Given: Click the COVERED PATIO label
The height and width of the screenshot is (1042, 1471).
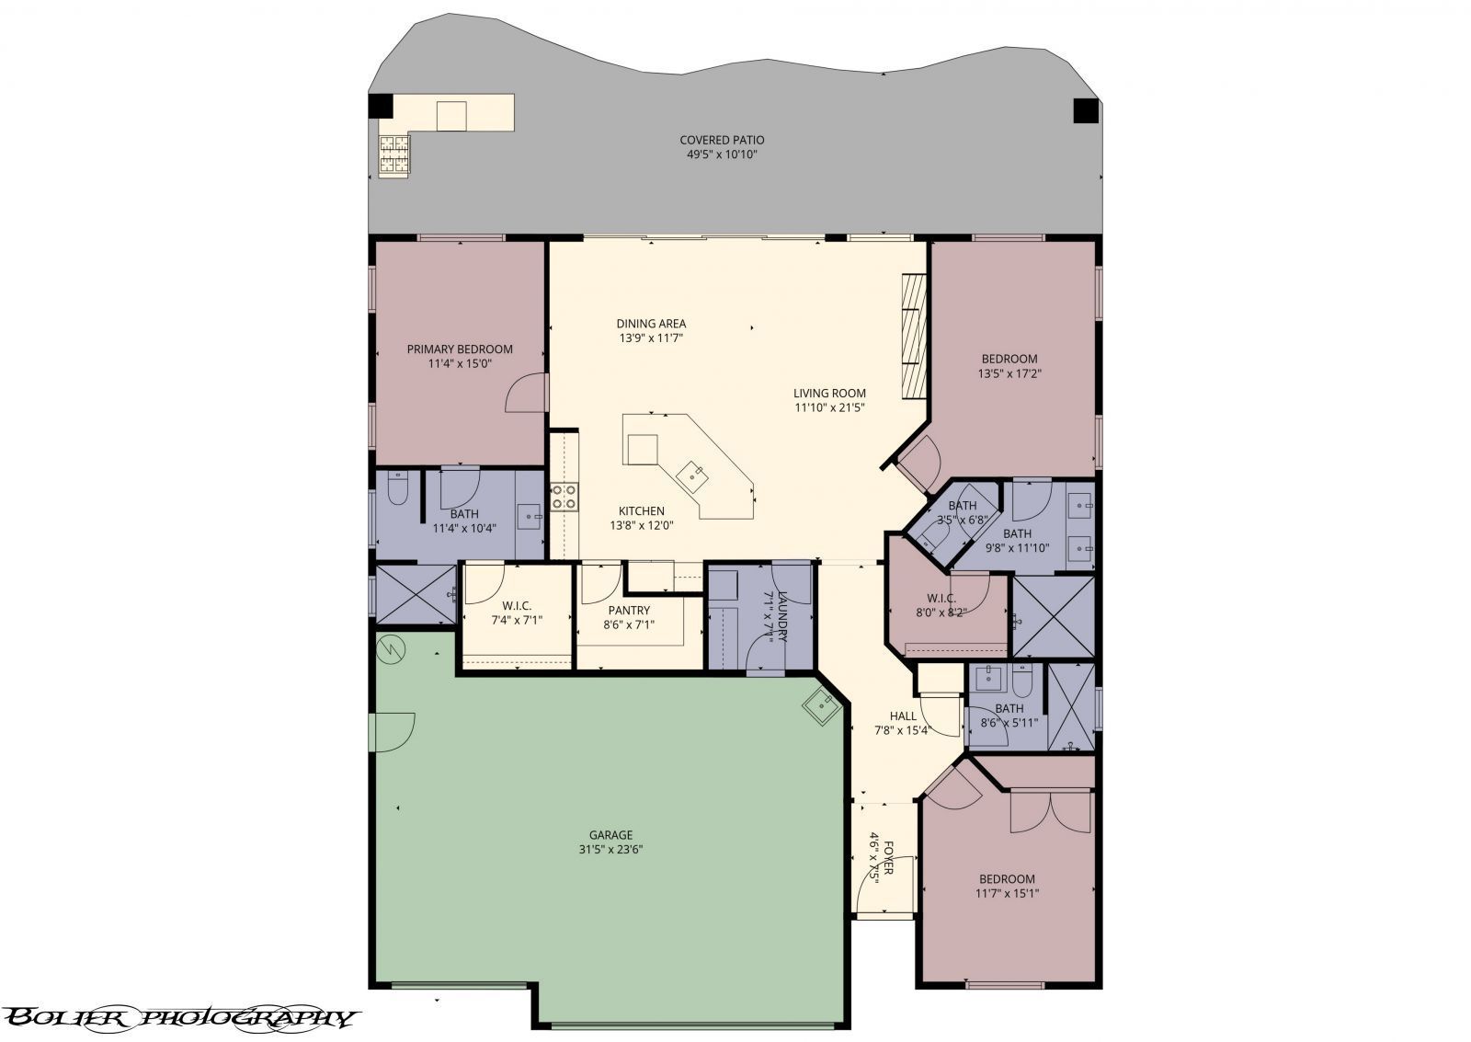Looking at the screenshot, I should click(x=722, y=140).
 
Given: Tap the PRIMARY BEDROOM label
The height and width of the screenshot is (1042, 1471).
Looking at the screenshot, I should click(x=460, y=349).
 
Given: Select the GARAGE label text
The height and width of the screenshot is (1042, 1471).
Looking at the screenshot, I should click(x=604, y=835).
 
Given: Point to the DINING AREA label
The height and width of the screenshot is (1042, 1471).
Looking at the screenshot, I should click(x=651, y=324).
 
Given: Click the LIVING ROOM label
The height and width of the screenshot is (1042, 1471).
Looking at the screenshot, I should click(x=829, y=394).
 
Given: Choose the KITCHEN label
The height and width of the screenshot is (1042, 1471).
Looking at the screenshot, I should click(x=641, y=511).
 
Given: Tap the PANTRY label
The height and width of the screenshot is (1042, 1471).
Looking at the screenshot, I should click(x=629, y=610).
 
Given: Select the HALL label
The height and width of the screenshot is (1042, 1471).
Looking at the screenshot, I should click(x=903, y=716).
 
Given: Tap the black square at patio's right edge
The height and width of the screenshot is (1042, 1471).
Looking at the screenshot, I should click(x=1085, y=110).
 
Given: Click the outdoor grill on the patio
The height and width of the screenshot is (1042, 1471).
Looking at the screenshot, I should click(x=394, y=155).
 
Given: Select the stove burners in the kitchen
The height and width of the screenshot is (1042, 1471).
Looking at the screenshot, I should click(x=563, y=497).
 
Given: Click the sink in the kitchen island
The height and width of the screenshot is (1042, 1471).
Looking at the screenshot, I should click(x=691, y=475).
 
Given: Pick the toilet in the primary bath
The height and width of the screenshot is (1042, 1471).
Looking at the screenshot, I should click(x=397, y=489).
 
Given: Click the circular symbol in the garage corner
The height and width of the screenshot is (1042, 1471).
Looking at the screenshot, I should click(x=391, y=648).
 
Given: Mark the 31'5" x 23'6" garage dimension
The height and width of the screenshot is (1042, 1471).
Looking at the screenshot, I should click(x=604, y=850).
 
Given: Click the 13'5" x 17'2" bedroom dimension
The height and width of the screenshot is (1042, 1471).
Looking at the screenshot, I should click(x=1009, y=373).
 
